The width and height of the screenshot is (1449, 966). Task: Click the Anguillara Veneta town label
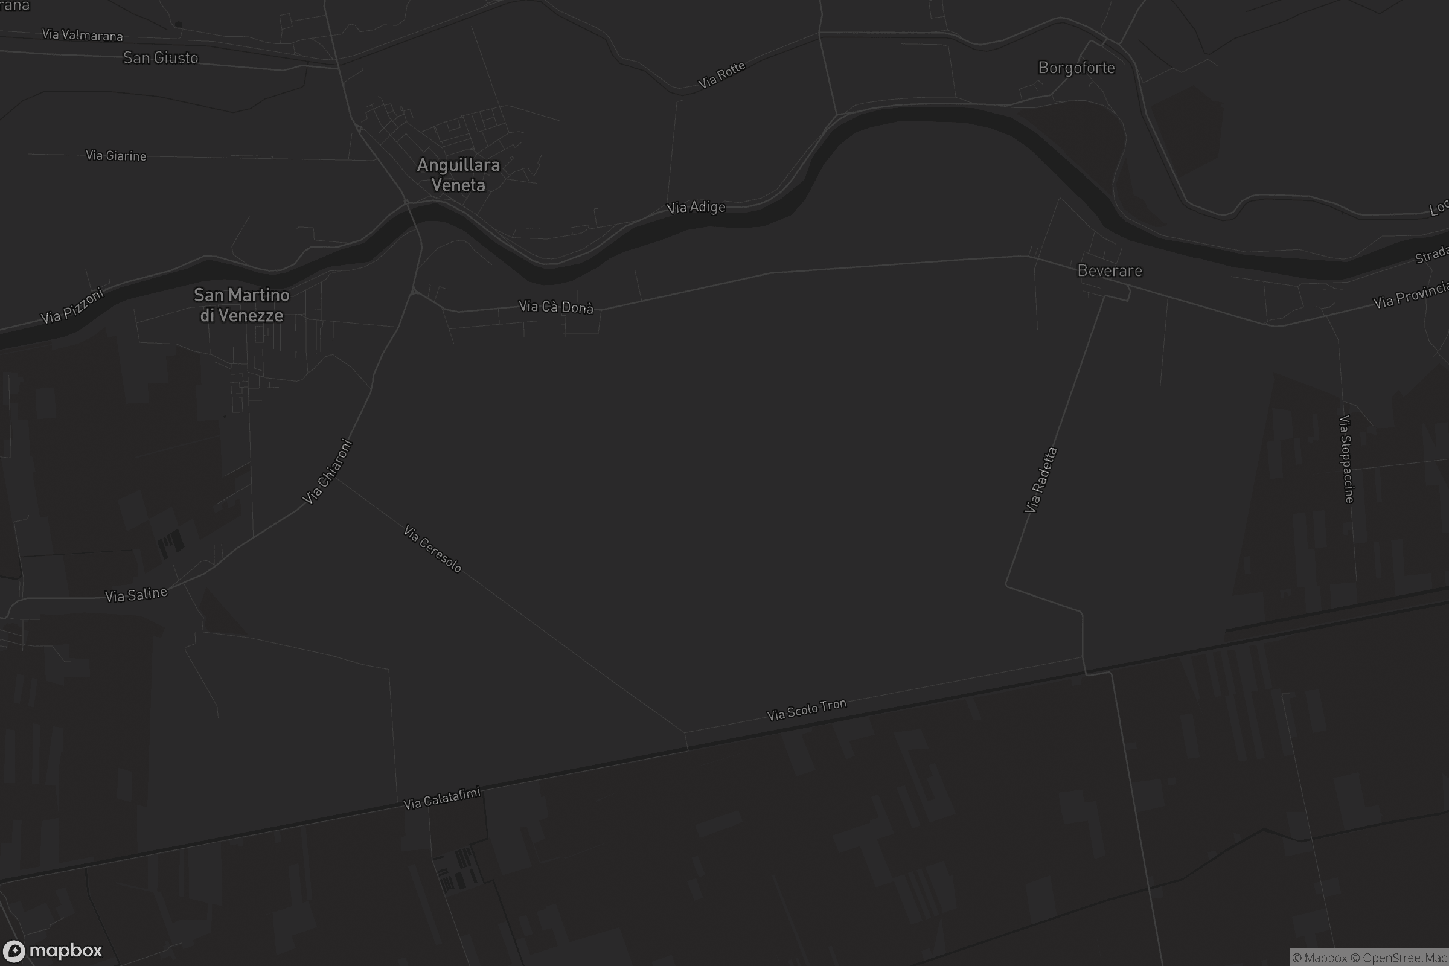coord(458,175)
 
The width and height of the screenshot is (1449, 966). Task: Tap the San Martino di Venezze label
coord(241,305)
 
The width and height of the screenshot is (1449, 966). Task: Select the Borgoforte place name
coord(1076,68)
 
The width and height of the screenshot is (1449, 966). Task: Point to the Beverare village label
coord(1110,271)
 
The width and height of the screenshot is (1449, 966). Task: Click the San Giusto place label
coord(161,58)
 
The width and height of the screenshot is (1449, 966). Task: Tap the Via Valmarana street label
coord(83,35)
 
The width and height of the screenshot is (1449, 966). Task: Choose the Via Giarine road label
coord(116,156)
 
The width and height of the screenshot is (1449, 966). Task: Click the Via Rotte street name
coord(721,74)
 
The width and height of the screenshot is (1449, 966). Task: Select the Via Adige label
coord(696,208)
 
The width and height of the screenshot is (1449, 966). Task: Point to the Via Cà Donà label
coord(556,307)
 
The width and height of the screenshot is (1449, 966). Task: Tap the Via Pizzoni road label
coord(72,305)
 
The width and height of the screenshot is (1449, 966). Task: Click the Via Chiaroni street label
coord(328,472)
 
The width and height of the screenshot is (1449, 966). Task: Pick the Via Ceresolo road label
coord(432,548)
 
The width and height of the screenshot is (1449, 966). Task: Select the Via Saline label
coord(136,595)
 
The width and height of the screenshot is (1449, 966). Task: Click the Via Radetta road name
coord(1040,480)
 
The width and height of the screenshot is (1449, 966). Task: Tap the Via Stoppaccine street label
coord(1347,459)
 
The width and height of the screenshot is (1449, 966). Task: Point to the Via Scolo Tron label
coord(807,710)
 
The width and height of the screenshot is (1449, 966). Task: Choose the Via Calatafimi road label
coord(442,798)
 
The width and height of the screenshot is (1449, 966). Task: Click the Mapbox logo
coord(53,950)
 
